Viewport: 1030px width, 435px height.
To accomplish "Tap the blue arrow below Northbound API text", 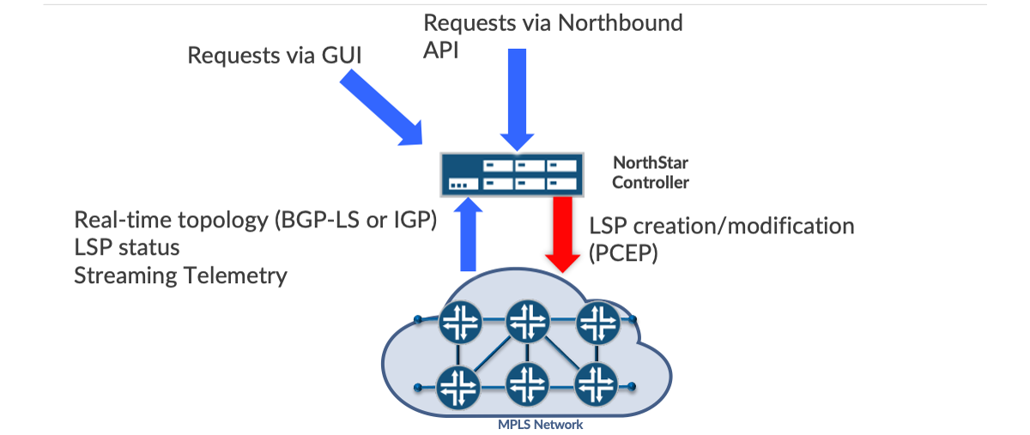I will (x=518, y=99).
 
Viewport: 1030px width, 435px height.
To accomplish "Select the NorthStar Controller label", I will (x=650, y=172).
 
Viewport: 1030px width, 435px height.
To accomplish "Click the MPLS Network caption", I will (x=540, y=425).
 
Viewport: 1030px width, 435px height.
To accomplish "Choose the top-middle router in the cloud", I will (x=525, y=322).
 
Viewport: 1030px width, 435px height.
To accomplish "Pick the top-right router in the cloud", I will (x=597, y=322).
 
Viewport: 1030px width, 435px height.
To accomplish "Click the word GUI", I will (x=341, y=57).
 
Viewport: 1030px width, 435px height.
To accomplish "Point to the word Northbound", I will (x=620, y=23).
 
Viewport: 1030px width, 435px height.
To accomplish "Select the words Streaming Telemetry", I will (x=180, y=275).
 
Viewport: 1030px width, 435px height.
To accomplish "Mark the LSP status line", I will (x=126, y=248).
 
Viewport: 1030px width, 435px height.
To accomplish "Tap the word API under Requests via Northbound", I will (x=441, y=50).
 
